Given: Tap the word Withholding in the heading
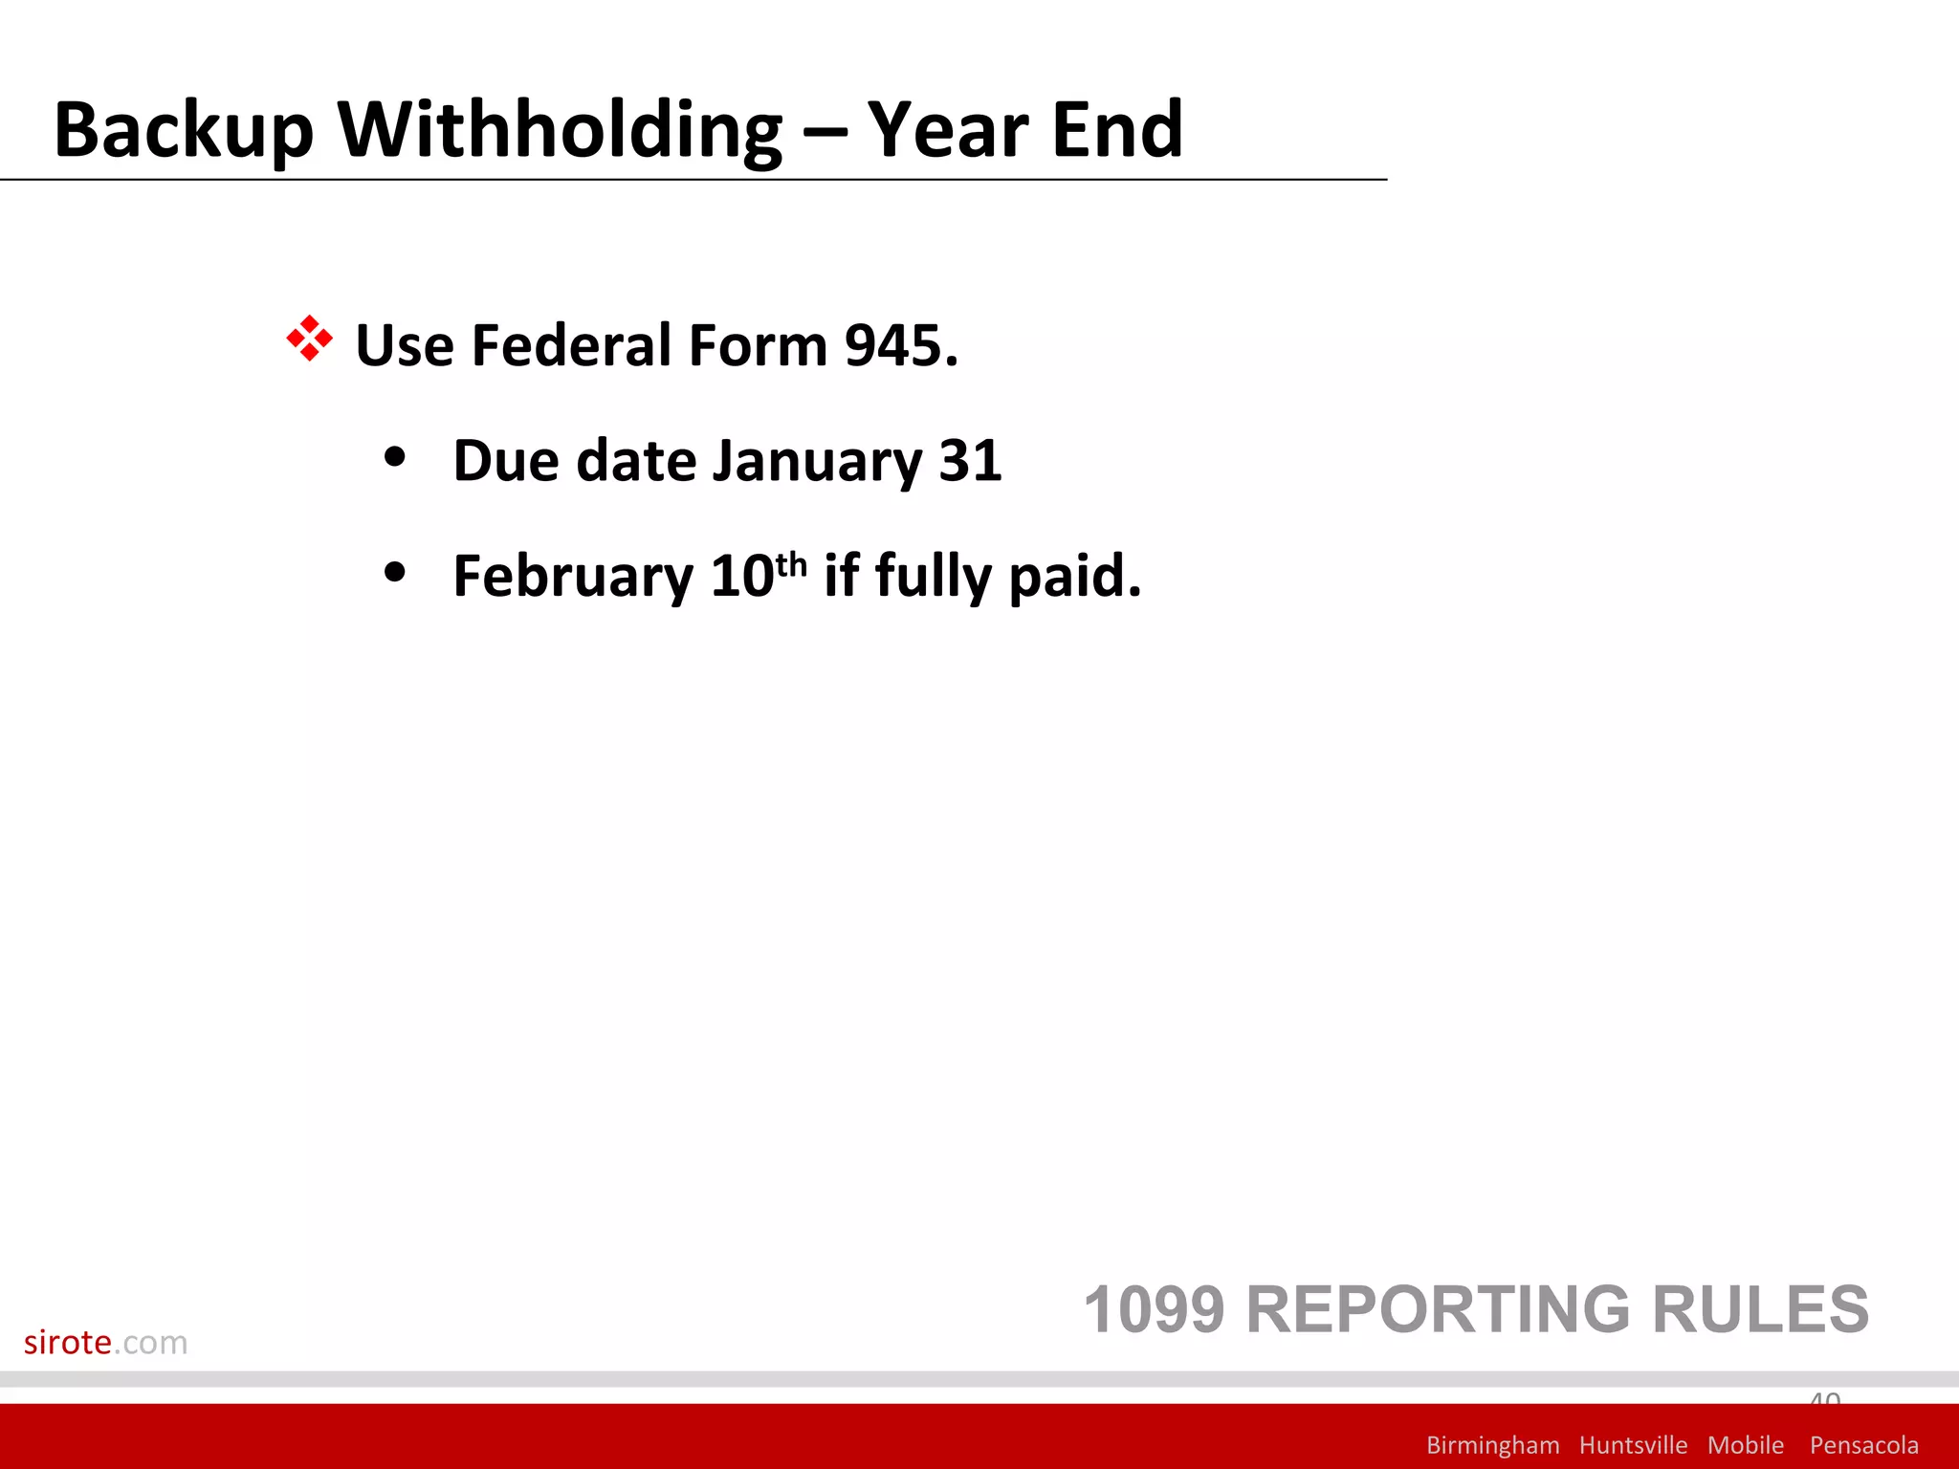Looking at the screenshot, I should (x=561, y=131).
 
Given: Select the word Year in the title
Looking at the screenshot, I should (x=948, y=131).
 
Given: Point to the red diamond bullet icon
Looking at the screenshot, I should (x=309, y=339).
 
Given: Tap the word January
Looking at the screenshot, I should (x=817, y=462).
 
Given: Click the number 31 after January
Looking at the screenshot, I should (x=970, y=461).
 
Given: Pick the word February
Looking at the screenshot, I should (x=573, y=577).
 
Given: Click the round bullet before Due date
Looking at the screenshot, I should (x=394, y=457).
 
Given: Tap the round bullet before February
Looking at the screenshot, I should (x=394, y=573).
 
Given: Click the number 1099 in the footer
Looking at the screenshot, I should (x=1154, y=1309).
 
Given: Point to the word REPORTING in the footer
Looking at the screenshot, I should (x=1438, y=1309).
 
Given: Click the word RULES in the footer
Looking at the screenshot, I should (x=1760, y=1309).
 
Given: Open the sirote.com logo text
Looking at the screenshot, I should (x=105, y=1343).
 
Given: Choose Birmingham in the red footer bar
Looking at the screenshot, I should (x=1492, y=1445).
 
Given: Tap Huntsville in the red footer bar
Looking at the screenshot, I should (x=1633, y=1445).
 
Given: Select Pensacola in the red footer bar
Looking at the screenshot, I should (x=1863, y=1445).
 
